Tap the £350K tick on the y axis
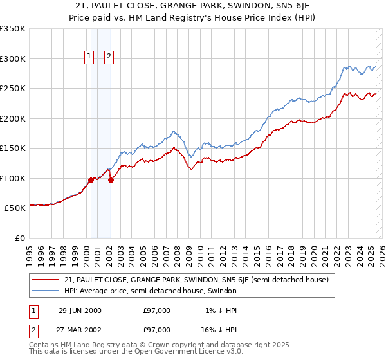(x=13, y=29)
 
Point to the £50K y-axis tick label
(x=15, y=208)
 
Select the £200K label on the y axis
(x=13, y=118)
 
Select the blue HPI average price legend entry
(x=151, y=291)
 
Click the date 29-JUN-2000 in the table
(x=80, y=310)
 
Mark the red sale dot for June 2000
(x=91, y=180)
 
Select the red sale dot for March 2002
(x=111, y=180)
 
